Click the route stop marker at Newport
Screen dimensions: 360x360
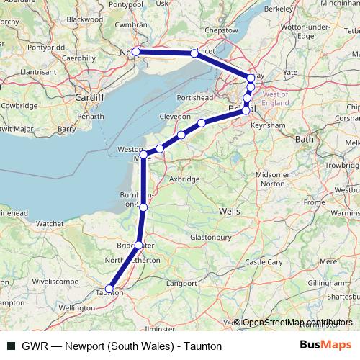pyautogui.click(x=135, y=52)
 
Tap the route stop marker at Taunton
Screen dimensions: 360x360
pyautogui.click(x=109, y=289)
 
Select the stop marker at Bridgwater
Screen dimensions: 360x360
pyautogui.click(x=139, y=245)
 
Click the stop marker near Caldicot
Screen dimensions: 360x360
pyautogui.click(x=194, y=53)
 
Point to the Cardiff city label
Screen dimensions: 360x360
pyautogui.click(x=91, y=97)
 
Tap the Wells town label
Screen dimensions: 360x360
pyautogui.click(x=229, y=212)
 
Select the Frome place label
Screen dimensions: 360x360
pyautogui.click(x=315, y=202)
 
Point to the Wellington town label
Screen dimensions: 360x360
pyautogui.click(x=71, y=307)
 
